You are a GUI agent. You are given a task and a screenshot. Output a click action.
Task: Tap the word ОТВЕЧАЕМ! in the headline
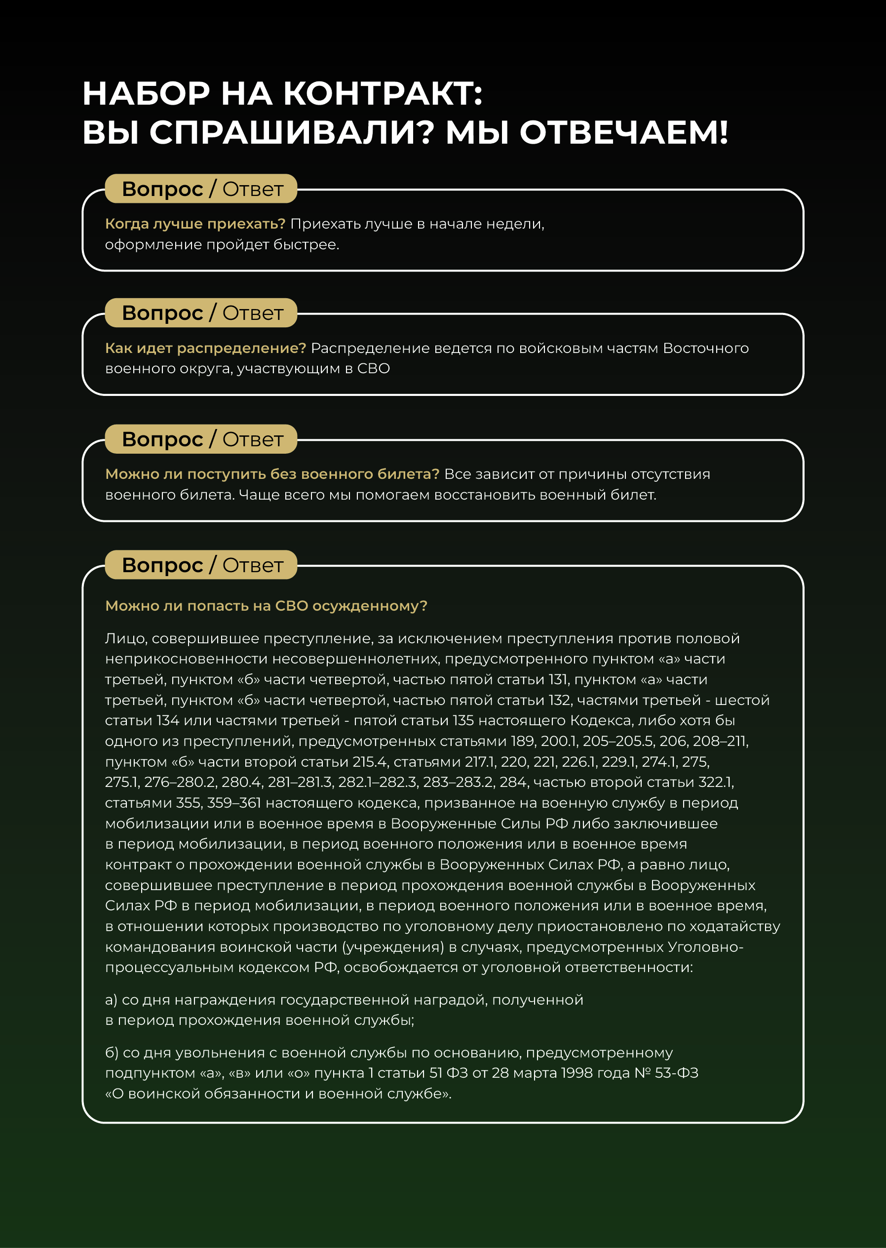point(623,133)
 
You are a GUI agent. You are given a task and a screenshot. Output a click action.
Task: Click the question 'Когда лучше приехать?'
point(195,224)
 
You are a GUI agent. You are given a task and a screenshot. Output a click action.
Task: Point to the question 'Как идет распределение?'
point(205,348)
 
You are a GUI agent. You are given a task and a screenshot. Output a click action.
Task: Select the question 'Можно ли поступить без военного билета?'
point(271,474)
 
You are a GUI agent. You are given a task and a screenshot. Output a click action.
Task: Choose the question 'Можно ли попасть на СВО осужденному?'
point(266,606)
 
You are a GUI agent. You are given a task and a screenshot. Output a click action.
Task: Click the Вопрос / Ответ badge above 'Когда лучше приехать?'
point(201,189)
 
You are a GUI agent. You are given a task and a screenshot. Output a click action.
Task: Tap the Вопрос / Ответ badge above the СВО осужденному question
point(201,565)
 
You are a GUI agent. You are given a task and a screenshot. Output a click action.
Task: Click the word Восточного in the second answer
point(705,348)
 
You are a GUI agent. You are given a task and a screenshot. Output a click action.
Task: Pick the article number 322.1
point(716,782)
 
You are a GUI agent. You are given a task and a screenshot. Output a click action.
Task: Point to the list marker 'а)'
point(111,1000)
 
